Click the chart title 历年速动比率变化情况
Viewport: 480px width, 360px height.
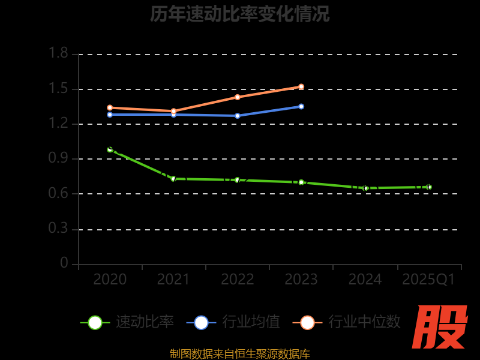pos(240,14)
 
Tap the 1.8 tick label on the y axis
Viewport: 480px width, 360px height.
pos(58,53)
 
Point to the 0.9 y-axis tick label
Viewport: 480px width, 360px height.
pos(58,158)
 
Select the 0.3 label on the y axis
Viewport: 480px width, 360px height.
pos(58,229)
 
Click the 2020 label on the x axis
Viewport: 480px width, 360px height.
pos(110,279)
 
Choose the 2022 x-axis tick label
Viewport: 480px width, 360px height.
pos(238,279)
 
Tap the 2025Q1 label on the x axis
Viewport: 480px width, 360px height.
pos(428,279)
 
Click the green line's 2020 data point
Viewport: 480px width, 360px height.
pos(110,149)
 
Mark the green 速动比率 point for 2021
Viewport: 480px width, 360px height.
pos(173,179)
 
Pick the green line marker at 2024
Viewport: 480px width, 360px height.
pos(366,188)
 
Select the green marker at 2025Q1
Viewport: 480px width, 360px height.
pos(429,187)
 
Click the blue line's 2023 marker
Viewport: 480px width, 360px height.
pos(301,106)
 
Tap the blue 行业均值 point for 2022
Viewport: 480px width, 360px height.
pos(238,116)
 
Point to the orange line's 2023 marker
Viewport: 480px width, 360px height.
pos(301,86)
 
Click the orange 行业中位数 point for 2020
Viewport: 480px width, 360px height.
pos(110,108)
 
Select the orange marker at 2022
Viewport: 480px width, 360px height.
pos(238,97)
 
